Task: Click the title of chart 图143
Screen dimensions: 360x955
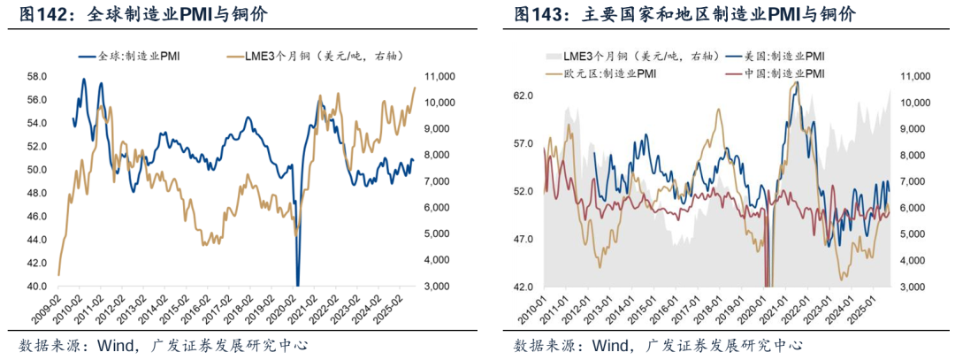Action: tap(684, 15)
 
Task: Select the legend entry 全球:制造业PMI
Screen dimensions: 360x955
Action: tap(132, 57)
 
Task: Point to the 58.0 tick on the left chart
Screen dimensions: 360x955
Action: tap(35, 77)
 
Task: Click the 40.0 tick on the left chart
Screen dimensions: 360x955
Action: tap(35, 287)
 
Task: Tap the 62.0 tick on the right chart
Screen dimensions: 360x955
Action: tap(523, 96)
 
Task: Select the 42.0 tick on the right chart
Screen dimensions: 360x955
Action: tap(523, 287)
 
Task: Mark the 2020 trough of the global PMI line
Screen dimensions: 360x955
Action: tap(298, 284)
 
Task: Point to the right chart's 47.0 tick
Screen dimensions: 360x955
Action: tap(523, 239)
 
